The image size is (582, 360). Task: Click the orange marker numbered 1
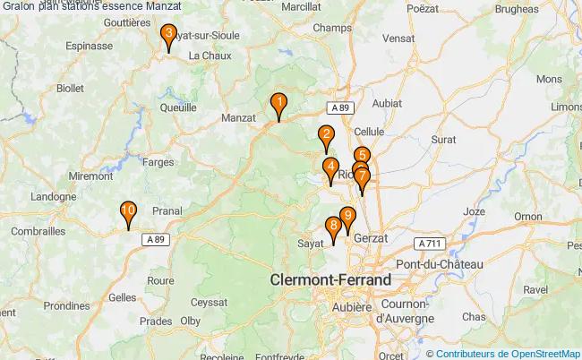pyautogui.click(x=279, y=107)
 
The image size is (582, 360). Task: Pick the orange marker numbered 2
pyautogui.click(x=326, y=138)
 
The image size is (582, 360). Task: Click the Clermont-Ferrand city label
pyautogui.click(x=330, y=280)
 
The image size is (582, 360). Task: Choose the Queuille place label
pyautogui.click(x=177, y=107)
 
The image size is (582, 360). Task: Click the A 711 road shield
pyautogui.click(x=431, y=243)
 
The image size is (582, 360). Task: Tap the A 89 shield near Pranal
pyautogui.click(x=155, y=239)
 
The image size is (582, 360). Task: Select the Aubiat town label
pyautogui.click(x=387, y=102)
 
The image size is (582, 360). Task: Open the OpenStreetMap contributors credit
pyautogui.click(x=508, y=353)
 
